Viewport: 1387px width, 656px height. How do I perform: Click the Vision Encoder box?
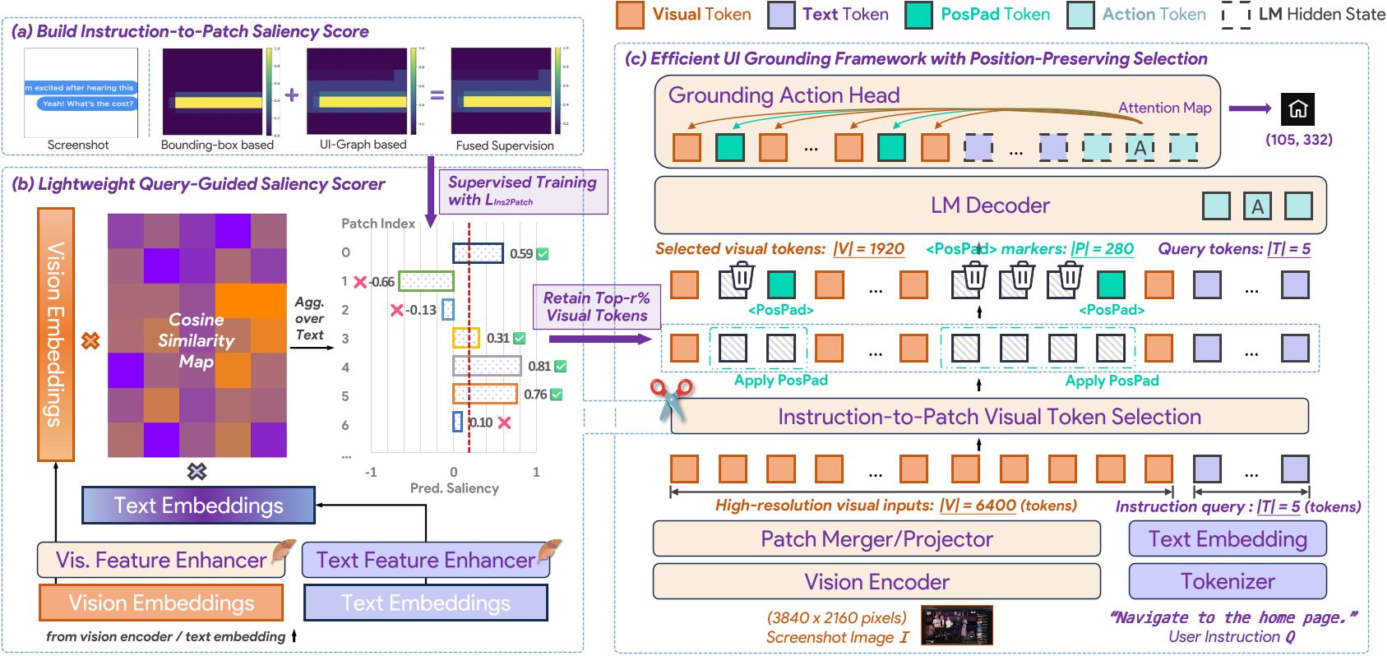click(876, 581)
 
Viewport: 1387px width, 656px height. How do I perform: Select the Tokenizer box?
click(1227, 581)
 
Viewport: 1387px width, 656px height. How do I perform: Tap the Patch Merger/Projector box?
click(876, 538)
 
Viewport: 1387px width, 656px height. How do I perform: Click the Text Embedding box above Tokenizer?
click(1227, 538)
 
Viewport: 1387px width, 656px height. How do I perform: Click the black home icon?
click(1298, 109)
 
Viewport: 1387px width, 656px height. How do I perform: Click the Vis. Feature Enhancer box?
click(161, 560)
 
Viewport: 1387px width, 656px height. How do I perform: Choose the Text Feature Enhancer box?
click(425, 560)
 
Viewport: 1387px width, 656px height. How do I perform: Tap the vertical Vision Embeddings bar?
click(56, 334)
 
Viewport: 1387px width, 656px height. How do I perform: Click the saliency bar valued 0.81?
click(487, 366)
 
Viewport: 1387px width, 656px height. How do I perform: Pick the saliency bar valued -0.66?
click(427, 281)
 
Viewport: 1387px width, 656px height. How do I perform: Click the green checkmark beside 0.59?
click(543, 254)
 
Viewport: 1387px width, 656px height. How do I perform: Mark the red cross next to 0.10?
click(504, 423)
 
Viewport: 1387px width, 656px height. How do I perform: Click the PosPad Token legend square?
click(918, 15)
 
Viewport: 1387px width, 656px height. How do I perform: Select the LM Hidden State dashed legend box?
click(1236, 15)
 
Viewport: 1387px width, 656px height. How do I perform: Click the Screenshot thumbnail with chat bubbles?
click(81, 93)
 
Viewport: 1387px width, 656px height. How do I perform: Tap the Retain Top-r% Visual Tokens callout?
click(597, 307)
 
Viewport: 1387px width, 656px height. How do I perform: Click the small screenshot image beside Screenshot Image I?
click(956, 625)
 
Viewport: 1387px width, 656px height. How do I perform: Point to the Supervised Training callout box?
click(523, 192)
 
